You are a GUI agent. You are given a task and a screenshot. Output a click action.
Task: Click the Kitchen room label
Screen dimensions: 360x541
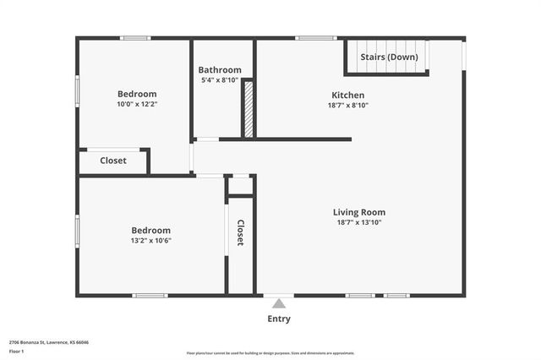tap(347, 95)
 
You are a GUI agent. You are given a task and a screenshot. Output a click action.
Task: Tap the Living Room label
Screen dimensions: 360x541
tap(359, 212)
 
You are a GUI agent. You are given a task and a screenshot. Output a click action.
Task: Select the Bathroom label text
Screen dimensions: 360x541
tap(220, 70)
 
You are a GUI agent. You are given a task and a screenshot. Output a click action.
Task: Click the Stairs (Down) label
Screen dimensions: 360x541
tap(389, 57)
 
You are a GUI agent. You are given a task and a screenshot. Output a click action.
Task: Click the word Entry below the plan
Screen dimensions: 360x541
tap(279, 319)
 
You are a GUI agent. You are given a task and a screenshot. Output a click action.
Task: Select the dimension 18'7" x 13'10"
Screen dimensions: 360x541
tap(359, 222)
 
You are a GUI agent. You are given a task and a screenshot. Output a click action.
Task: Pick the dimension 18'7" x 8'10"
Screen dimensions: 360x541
tap(347, 106)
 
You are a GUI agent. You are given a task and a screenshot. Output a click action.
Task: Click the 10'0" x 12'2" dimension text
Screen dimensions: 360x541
tap(137, 104)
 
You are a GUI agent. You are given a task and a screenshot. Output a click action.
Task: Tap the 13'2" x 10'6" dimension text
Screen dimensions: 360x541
tap(150, 240)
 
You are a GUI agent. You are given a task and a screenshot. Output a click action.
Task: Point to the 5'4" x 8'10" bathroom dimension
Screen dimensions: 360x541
tap(220, 80)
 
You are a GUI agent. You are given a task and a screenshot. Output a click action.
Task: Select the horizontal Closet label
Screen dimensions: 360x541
tap(113, 161)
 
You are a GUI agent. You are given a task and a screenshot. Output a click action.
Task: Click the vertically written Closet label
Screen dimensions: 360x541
tap(240, 232)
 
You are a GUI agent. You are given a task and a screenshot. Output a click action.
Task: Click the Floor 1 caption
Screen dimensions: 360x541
tap(17, 351)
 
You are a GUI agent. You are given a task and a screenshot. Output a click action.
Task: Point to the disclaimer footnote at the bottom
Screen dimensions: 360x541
tap(270, 353)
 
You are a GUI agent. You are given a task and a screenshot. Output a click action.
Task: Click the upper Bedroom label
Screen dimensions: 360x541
tap(137, 94)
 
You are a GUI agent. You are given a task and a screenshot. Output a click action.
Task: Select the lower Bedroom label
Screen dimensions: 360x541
tap(150, 230)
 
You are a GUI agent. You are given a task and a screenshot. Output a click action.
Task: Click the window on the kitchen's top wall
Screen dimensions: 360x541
tap(316, 38)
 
